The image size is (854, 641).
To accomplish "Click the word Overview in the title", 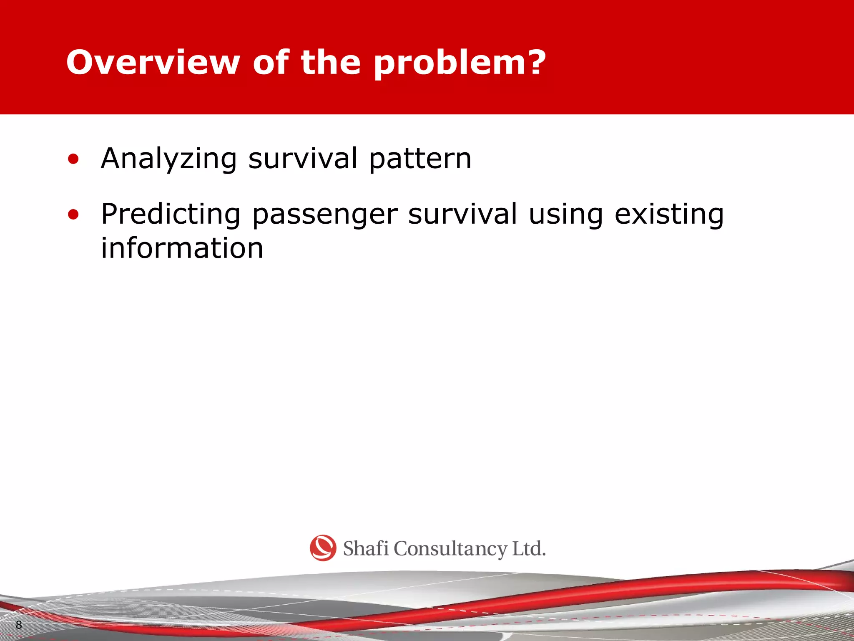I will tap(153, 63).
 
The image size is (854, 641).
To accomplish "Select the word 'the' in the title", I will tap(330, 63).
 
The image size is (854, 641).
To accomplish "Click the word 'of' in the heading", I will tap(271, 63).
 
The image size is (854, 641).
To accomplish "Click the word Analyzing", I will tap(169, 159).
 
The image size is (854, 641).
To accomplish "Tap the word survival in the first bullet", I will tap(303, 159).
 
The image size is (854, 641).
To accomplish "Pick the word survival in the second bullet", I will tap(462, 214).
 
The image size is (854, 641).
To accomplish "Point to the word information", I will tap(182, 248).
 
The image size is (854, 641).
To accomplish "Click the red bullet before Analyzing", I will tap(73, 159).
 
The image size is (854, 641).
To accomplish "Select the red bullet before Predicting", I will tap(73, 215).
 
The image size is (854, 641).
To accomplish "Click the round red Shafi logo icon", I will tap(323, 548).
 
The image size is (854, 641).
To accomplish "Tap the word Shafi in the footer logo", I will tap(366, 548).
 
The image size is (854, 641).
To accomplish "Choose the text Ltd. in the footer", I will tap(529, 548).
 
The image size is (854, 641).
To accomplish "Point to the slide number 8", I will tap(19, 625).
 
